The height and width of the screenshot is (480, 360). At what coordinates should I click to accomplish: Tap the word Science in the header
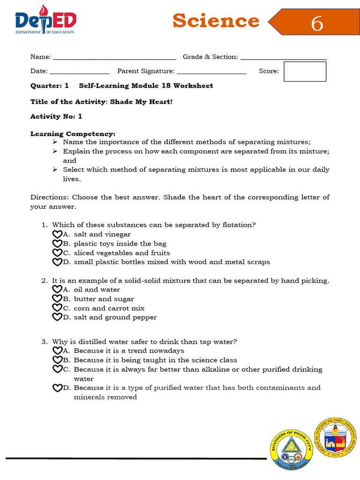click(216, 21)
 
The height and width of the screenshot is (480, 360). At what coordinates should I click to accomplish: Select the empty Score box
click(305, 71)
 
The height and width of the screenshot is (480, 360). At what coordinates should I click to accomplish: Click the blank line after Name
click(114, 58)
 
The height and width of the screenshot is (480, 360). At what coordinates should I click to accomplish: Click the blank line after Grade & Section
click(283, 58)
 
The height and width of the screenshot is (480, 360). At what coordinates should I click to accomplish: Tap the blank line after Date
click(79, 72)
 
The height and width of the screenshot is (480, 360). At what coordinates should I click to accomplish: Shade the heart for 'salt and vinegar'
click(57, 234)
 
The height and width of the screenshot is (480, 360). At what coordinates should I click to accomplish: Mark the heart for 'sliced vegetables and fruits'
click(57, 253)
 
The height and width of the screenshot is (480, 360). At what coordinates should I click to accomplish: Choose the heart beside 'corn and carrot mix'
click(57, 308)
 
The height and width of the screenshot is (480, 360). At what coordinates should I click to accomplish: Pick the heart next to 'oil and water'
click(57, 290)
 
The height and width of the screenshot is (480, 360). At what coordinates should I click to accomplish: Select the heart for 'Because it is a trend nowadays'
click(57, 351)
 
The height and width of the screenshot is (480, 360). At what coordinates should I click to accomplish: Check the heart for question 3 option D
click(57, 388)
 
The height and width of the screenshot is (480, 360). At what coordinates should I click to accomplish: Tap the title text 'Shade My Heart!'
click(141, 102)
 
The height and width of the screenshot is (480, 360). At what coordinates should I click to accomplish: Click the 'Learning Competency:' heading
click(73, 134)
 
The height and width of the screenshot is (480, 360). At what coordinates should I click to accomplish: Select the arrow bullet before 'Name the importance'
click(55, 142)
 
